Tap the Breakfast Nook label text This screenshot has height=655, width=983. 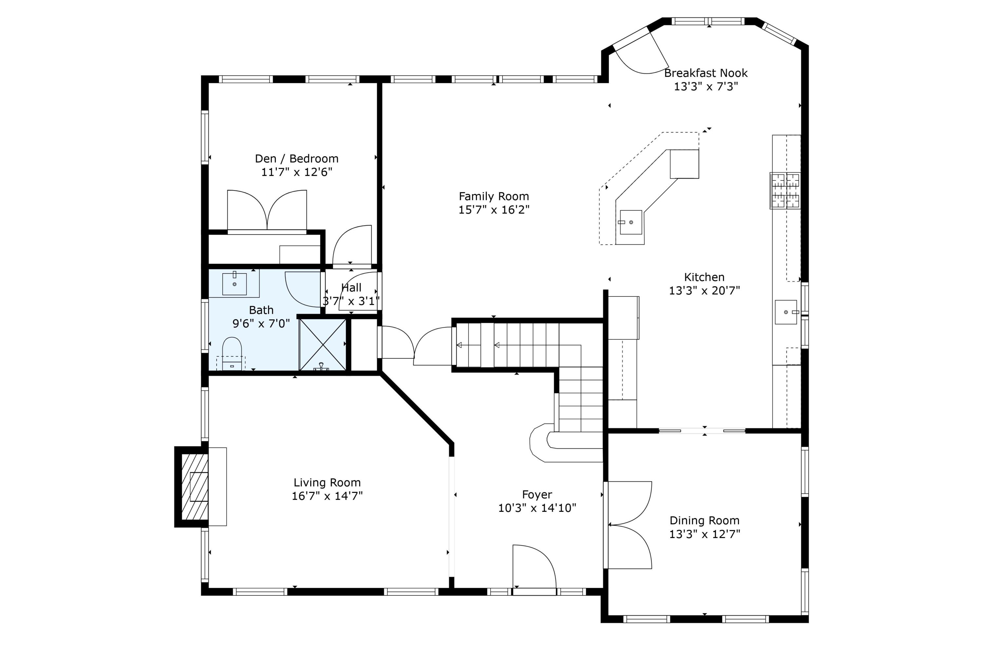coord(705,73)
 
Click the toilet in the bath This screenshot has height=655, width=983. coord(232,353)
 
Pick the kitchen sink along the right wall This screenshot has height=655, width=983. coord(786,312)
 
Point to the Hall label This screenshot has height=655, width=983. coord(351,288)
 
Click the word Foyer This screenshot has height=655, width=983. coord(537,495)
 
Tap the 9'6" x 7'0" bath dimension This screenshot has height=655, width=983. coord(261,323)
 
